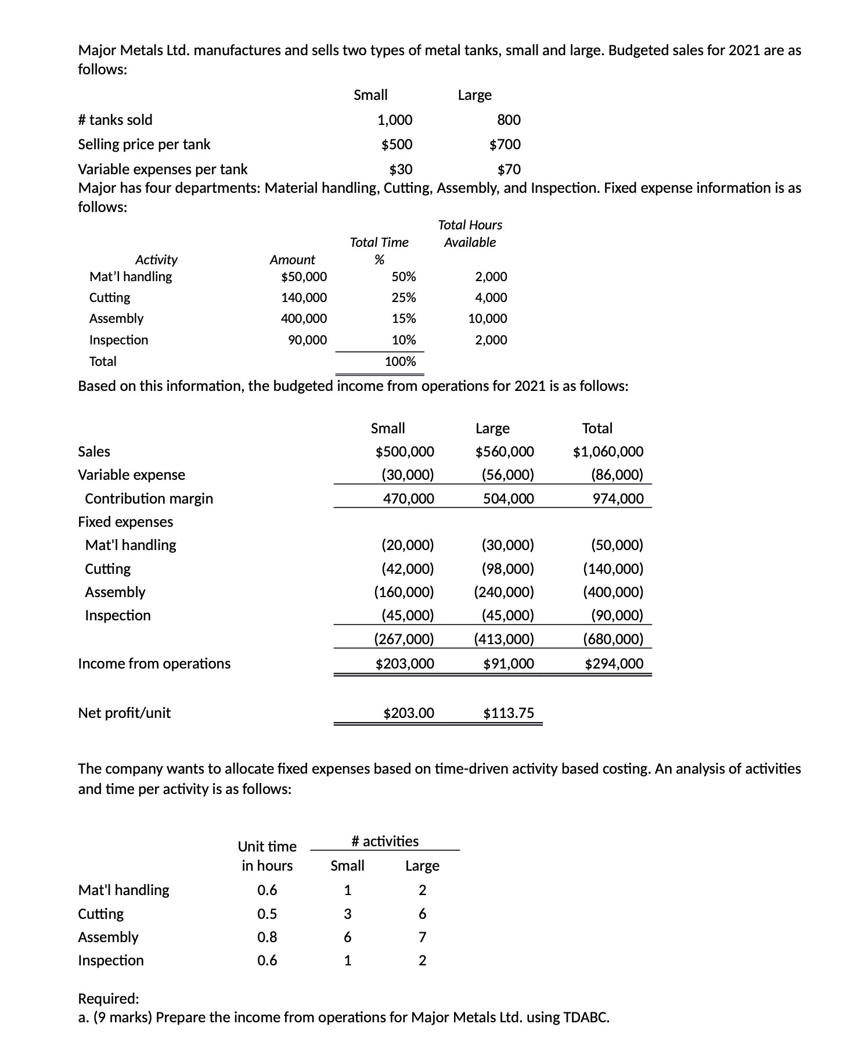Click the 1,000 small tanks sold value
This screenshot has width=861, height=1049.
pyautogui.click(x=395, y=120)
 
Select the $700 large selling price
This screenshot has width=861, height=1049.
pyautogui.click(x=505, y=144)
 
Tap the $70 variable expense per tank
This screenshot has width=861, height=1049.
pyautogui.click(x=509, y=169)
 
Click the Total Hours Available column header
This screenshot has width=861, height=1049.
pyautogui.click(x=470, y=233)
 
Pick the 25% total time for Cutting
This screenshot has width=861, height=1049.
pyautogui.click(x=404, y=297)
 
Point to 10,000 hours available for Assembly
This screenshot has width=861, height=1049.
pyautogui.click(x=488, y=318)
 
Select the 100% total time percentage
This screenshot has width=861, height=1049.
pyautogui.click(x=401, y=361)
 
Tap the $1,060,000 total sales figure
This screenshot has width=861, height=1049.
pyautogui.click(x=608, y=451)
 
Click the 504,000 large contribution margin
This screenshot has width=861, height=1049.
pyautogui.click(x=509, y=498)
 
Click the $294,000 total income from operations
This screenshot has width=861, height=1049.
pyautogui.click(x=614, y=663)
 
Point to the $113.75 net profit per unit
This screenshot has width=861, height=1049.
pyautogui.click(x=509, y=713)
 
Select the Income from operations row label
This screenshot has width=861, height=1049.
pyautogui.click(x=154, y=663)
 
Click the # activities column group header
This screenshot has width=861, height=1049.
pyautogui.click(x=385, y=841)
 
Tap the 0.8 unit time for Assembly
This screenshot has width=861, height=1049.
pyautogui.click(x=267, y=937)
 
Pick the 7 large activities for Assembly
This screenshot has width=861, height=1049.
pyautogui.click(x=422, y=937)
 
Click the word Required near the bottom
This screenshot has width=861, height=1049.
pyautogui.click(x=108, y=998)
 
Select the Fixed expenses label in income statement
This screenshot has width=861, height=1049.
pyautogui.click(x=125, y=522)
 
